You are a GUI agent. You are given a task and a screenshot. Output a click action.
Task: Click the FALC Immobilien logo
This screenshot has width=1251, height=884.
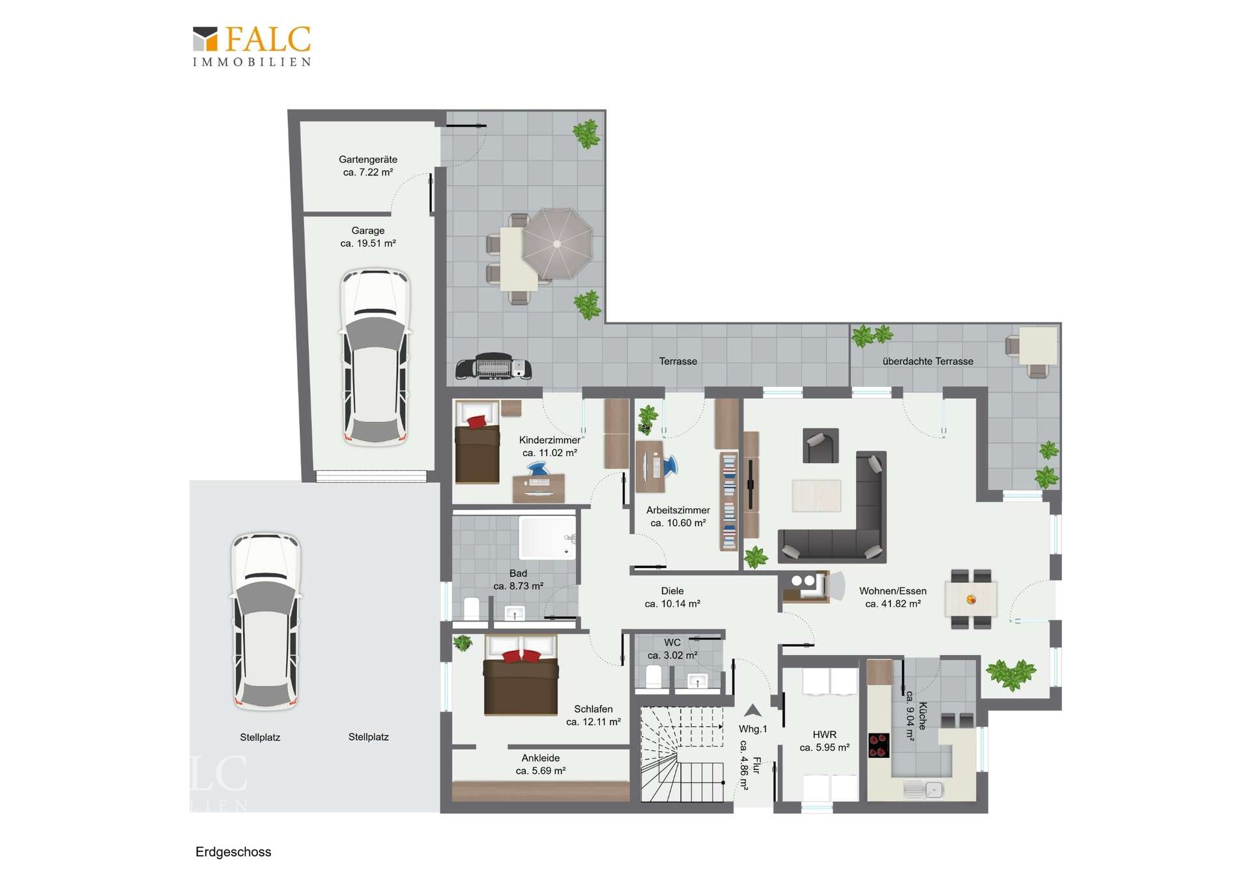click(252, 46)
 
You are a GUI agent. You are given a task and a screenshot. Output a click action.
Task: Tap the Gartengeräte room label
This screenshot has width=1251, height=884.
click(368, 160)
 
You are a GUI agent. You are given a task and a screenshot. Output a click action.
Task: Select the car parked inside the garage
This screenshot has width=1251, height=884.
click(375, 357)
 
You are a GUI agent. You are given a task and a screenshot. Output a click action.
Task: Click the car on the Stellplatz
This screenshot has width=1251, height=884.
click(266, 621)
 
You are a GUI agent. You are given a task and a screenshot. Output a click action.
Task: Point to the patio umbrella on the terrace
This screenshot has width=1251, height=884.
click(557, 244)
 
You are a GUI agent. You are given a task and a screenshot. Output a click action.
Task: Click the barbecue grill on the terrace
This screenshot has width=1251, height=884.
click(493, 367)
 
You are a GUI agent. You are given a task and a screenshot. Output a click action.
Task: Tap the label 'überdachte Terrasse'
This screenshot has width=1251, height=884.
click(928, 362)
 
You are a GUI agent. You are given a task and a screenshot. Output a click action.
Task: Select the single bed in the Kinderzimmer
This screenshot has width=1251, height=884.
click(478, 442)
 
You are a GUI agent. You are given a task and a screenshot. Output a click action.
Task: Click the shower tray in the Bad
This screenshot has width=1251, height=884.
click(547, 537)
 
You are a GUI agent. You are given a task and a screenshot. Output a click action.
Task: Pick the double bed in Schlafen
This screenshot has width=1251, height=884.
click(521, 676)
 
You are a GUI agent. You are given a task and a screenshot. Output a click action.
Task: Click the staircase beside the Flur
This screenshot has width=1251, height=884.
click(682, 754)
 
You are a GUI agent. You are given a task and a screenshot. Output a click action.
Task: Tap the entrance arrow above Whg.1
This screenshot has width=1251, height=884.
click(753, 711)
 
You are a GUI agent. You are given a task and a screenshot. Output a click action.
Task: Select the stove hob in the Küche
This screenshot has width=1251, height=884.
click(879, 745)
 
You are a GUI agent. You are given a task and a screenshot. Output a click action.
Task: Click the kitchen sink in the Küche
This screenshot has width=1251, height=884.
click(924, 790)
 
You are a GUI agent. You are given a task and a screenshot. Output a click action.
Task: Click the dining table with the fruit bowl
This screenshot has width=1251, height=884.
click(971, 599)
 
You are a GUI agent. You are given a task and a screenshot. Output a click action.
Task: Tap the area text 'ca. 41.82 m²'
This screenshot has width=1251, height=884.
click(893, 604)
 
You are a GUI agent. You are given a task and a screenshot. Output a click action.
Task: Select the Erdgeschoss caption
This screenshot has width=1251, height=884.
click(233, 852)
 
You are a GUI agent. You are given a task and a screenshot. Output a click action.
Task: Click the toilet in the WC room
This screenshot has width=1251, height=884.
click(654, 677)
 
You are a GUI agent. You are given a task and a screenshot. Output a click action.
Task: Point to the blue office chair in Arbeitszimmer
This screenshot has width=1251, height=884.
click(669, 466)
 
